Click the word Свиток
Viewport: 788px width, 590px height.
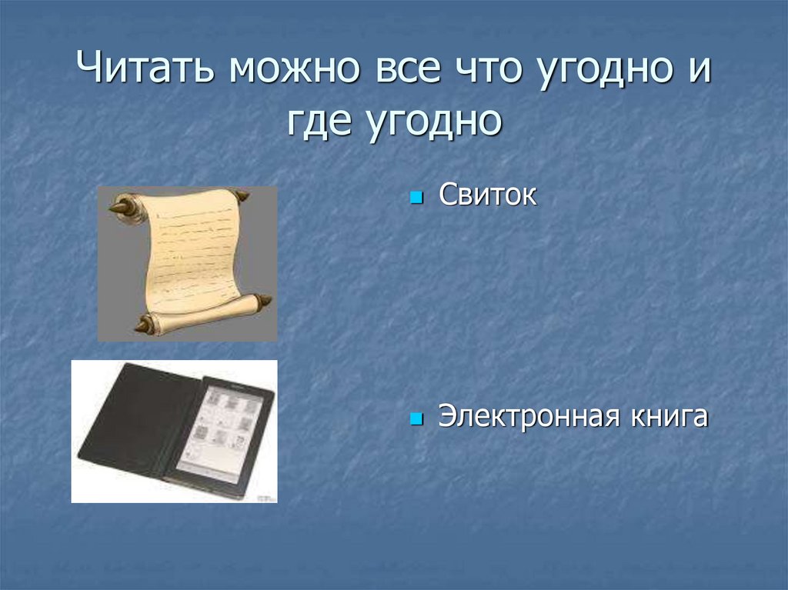point(487,195)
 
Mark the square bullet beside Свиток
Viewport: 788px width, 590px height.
point(417,198)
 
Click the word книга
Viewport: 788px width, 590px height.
point(668,417)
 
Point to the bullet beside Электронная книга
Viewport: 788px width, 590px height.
point(417,420)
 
